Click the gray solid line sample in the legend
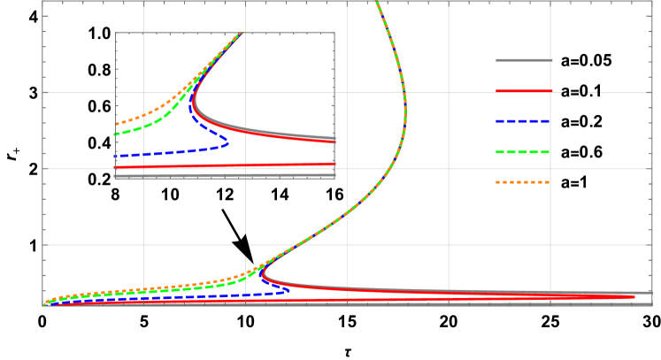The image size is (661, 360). tap(524, 60)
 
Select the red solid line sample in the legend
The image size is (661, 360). tap(524, 91)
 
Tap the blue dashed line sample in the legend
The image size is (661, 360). tap(524, 121)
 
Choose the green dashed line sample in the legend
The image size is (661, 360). tap(524, 152)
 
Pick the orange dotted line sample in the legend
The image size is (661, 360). tap(524, 182)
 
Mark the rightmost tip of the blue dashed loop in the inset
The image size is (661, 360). tap(228, 142)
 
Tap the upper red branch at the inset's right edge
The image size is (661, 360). tap(332, 140)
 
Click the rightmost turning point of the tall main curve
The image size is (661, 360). tap(405, 111)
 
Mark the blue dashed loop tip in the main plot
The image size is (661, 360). tap(289, 289)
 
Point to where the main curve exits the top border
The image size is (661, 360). tap(378, 3)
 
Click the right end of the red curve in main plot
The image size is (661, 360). tap(634, 296)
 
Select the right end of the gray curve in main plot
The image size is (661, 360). tap(649, 293)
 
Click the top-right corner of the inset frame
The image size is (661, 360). tap(334, 33)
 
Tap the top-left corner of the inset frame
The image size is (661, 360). tap(115, 33)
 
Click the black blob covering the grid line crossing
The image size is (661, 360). tap(242, 243)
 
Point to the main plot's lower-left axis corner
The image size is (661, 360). tap(42, 305)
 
